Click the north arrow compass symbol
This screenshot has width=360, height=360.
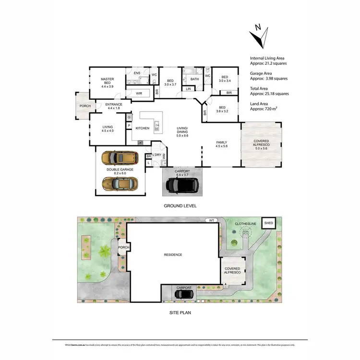pyautogui.click(x=260, y=37)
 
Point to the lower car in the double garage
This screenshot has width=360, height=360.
pyautogui.click(x=120, y=183)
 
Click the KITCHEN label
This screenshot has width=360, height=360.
pyautogui.click(x=143, y=128)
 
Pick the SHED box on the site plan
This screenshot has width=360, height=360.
pyautogui.click(x=269, y=223)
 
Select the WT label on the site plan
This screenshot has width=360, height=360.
pyautogui.click(x=210, y=220)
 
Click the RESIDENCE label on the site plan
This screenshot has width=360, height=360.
pyautogui.click(x=173, y=254)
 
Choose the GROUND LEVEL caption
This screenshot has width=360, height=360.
pyautogui.click(x=180, y=206)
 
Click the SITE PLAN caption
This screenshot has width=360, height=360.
pyautogui.click(x=180, y=312)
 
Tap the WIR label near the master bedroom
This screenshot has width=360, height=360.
pyautogui.click(x=138, y=93)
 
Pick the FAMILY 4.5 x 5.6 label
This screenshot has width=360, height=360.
pyautogui.click(x=221, y=144)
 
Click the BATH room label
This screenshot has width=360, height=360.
pyautogui.click(x=194, y=79)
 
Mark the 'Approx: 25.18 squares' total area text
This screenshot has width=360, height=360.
pyautogui.click(x=269, y=94)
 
